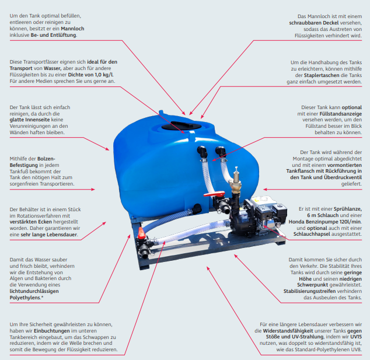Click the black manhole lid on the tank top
pos(181,125)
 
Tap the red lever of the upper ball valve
pos(214,194)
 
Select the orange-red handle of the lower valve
pos(141,233)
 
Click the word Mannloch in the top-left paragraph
pos(72,29)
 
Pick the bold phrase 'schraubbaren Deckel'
pos(314,23)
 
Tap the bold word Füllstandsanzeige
pos(340,114)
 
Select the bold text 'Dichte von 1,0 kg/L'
pos(90,75)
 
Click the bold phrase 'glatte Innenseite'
pos(30,120)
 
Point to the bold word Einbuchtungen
pos(52,331)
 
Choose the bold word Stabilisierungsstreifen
pos(309,291)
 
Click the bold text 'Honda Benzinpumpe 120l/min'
pos(324,222)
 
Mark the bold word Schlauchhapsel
pos(312,234)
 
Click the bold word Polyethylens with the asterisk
pos(26,298)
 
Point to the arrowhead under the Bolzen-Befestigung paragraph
pos(93,189)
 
